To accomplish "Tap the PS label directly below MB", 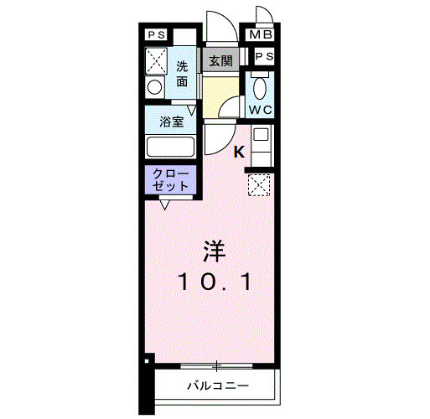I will (263, 56).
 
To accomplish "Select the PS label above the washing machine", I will (156, 36).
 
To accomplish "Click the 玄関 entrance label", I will (221, 60).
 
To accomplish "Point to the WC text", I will (260, 109).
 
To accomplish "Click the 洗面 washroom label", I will (183, 74).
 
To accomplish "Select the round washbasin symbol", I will (155, 87).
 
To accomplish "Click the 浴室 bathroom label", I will (171, 122).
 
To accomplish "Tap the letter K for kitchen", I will (238, 152).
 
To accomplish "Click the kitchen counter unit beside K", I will (261, 143).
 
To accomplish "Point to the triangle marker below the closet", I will (165, 204).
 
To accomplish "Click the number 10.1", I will (214, 283).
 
